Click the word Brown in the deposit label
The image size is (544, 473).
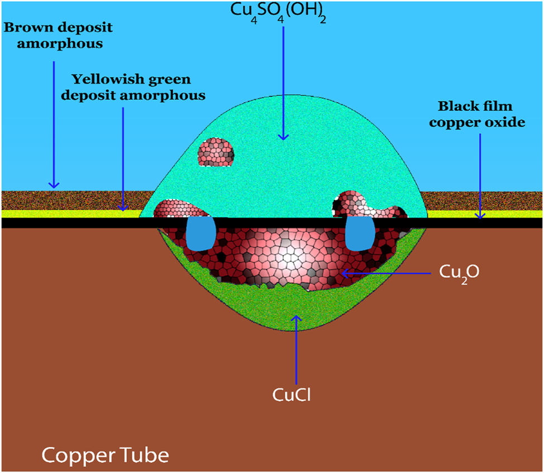(30, 27)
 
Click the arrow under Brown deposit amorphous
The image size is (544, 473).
(54, 123)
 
